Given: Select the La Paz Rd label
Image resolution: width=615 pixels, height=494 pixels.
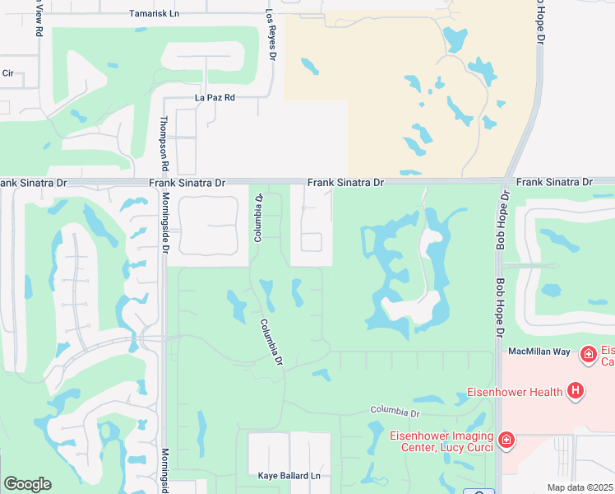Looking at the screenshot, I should pos(215,97).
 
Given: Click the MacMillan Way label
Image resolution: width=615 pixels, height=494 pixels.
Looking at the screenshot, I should pos(539,352).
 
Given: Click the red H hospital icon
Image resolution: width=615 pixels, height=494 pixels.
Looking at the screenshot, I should pos(576,390).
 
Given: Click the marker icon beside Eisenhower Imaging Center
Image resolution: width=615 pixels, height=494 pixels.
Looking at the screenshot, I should pos(507,440).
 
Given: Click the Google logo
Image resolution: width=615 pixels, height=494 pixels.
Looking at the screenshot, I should pos(27,483).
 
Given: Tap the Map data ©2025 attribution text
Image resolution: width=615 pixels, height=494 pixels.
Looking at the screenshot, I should pos(580,488).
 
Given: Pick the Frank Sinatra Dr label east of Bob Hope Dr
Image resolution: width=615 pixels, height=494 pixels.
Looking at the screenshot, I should pos(553,181).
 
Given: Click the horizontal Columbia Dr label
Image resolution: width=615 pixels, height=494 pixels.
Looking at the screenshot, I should pos(395,410).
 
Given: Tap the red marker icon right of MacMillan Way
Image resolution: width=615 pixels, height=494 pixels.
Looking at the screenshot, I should pos(588,355).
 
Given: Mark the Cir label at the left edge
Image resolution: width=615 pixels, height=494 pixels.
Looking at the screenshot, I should pos(8,72).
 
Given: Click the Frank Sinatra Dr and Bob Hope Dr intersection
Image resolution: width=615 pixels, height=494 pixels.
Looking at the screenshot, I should pos(502,180).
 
